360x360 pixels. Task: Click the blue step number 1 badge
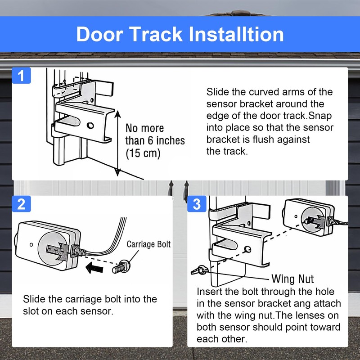[21, 75]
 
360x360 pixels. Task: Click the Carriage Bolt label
[148, 244]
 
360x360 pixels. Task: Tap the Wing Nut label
[292, 279]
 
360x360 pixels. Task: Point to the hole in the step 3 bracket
[247, 249]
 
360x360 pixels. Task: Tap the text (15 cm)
[143, 153]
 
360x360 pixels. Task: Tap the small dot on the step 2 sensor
[31, 244]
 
